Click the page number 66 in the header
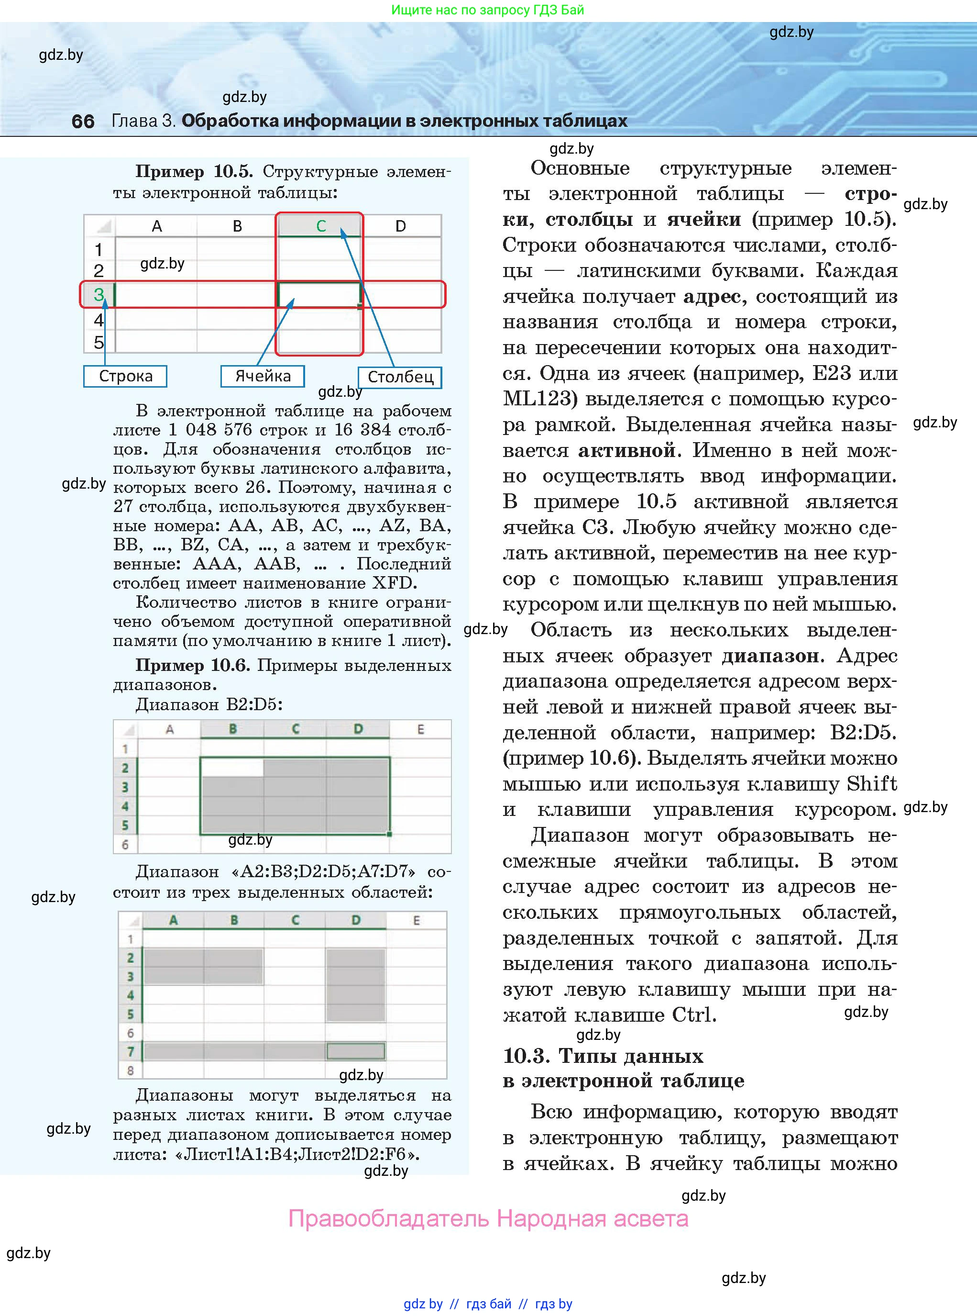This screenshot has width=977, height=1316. [x=83, y=121]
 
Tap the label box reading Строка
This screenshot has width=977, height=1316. [x=125, y=376]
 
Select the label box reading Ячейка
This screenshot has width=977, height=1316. [x=263, y=376]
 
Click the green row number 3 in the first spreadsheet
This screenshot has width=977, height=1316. [x=99, y=294]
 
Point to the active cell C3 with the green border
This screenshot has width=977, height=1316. [x=319, y=294]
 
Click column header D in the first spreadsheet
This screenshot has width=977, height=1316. [x=400, y=226]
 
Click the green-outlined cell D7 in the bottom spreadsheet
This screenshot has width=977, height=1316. [x=355, y=1051]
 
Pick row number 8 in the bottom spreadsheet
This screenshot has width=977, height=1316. [x=131, y=1071]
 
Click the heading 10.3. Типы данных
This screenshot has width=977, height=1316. [x=603, y=1056]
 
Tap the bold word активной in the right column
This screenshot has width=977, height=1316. [x=626, y=450]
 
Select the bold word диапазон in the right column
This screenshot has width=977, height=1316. [x=770, y=656]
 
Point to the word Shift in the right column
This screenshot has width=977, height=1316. [x=871, y=784]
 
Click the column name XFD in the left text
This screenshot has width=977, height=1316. [x=392, y=583]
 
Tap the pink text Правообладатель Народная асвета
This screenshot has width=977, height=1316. [x=488, y=1219]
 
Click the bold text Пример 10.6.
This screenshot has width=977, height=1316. [x=193, y=666]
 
